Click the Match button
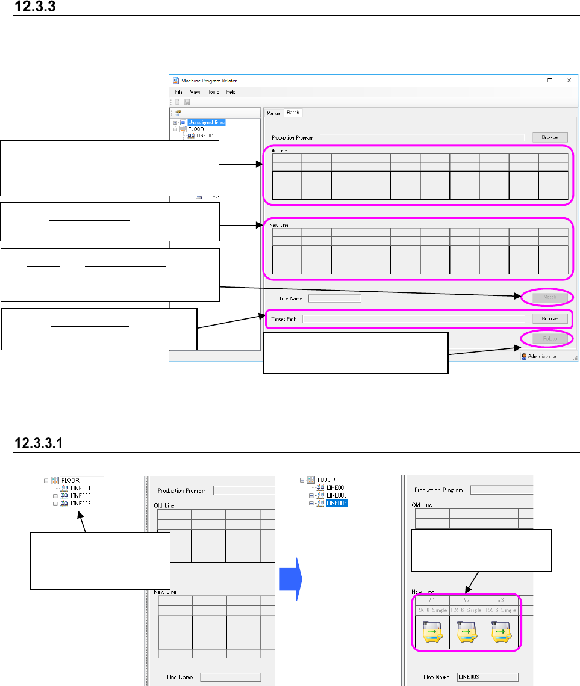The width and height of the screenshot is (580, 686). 549,297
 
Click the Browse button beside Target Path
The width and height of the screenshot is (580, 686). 549,318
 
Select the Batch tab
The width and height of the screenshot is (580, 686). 293,113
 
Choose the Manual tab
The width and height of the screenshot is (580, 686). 274,113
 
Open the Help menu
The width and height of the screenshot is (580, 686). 231,92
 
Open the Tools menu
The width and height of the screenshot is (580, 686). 213,92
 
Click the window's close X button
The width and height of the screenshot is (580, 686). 568,80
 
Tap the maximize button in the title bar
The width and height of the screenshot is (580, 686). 550,80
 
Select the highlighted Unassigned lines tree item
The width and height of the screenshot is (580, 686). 206,122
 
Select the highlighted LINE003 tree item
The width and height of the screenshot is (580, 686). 337,503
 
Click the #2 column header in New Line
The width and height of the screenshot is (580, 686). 466,600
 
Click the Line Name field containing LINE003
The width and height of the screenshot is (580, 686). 487,677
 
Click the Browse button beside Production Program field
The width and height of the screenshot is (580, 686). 549,137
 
